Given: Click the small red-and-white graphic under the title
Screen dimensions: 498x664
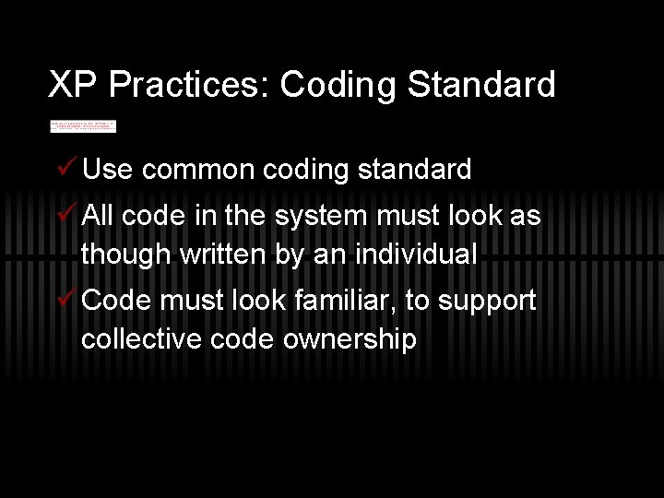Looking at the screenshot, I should [83, 125].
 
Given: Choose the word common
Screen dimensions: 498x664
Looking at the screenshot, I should [199, 170].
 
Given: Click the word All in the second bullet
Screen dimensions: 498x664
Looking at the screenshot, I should [98, 217].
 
